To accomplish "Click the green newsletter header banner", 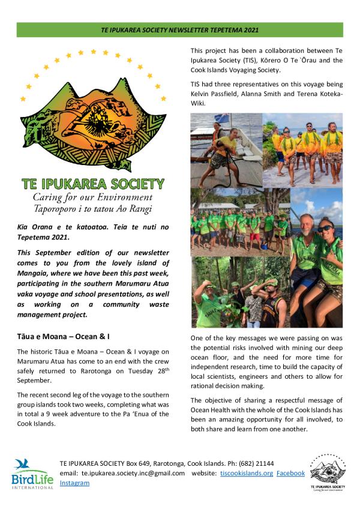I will [180, 29].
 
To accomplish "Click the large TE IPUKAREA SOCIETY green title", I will [92, 183].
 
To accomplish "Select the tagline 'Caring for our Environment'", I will [92, 197].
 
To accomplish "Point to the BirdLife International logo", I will [28, 474].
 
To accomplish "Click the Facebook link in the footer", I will [290, 473].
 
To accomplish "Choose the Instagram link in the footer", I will [74, 483].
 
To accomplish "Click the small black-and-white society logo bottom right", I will [327, 472].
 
